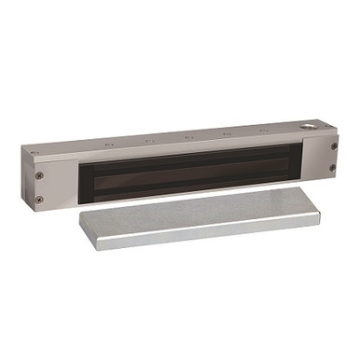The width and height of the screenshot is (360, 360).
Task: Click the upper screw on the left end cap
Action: tap(38, 174)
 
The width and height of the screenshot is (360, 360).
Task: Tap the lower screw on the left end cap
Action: tap(38, 199)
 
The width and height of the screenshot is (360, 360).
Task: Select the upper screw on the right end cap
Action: tap(332, 145)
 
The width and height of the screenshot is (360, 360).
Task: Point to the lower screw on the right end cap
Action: tap(332, 168)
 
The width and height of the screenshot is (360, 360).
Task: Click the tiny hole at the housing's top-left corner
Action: tap(35, 152)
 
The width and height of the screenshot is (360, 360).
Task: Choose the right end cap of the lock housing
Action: tap(332, 157)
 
